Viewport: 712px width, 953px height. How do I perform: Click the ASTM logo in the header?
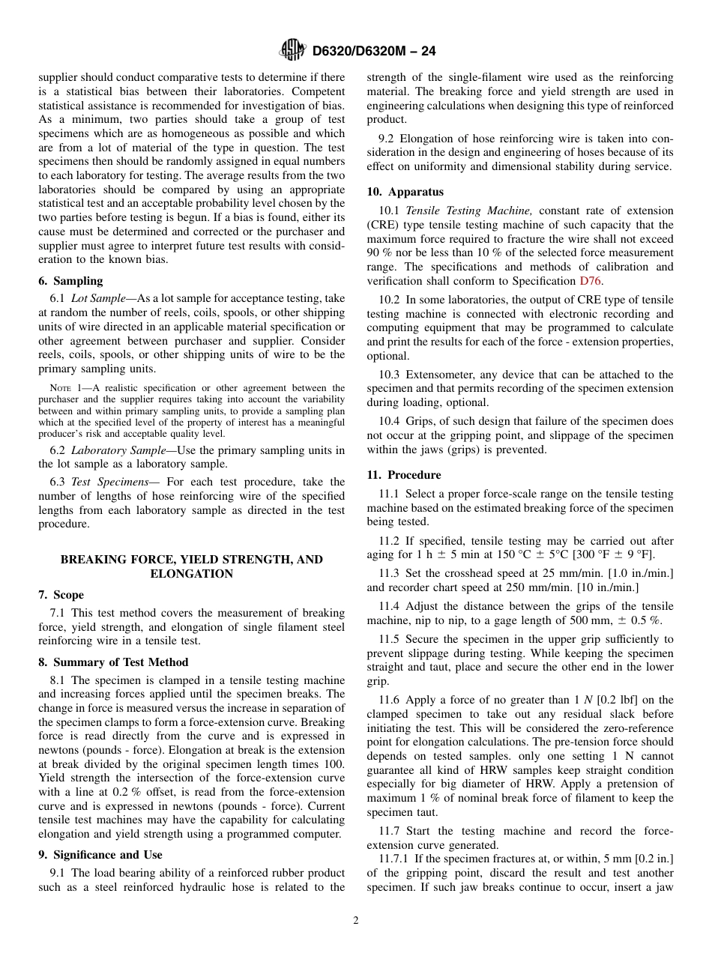coord(292,50)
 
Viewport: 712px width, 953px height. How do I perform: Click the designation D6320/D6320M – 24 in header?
coord(373,51)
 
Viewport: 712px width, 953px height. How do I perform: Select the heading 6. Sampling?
coord(70,280)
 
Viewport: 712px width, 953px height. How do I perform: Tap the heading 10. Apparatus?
coord(405,192)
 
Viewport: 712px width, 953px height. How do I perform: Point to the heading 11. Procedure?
coord(404,475)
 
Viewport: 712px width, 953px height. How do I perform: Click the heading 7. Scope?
coord(61,595)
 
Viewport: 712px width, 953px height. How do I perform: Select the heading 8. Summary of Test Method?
coord(113,662)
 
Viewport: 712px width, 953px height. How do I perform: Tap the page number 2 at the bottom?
coord(356,921)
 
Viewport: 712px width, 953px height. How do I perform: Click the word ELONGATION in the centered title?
coord(191,574)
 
